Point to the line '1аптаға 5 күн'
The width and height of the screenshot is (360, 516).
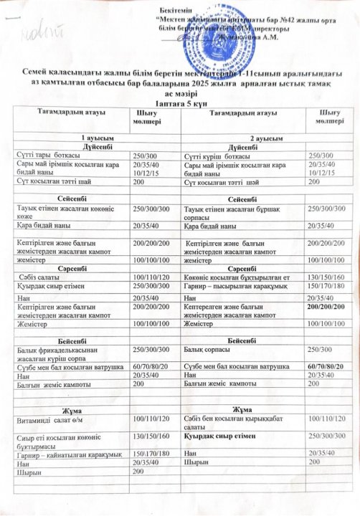[x=180, y=102]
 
